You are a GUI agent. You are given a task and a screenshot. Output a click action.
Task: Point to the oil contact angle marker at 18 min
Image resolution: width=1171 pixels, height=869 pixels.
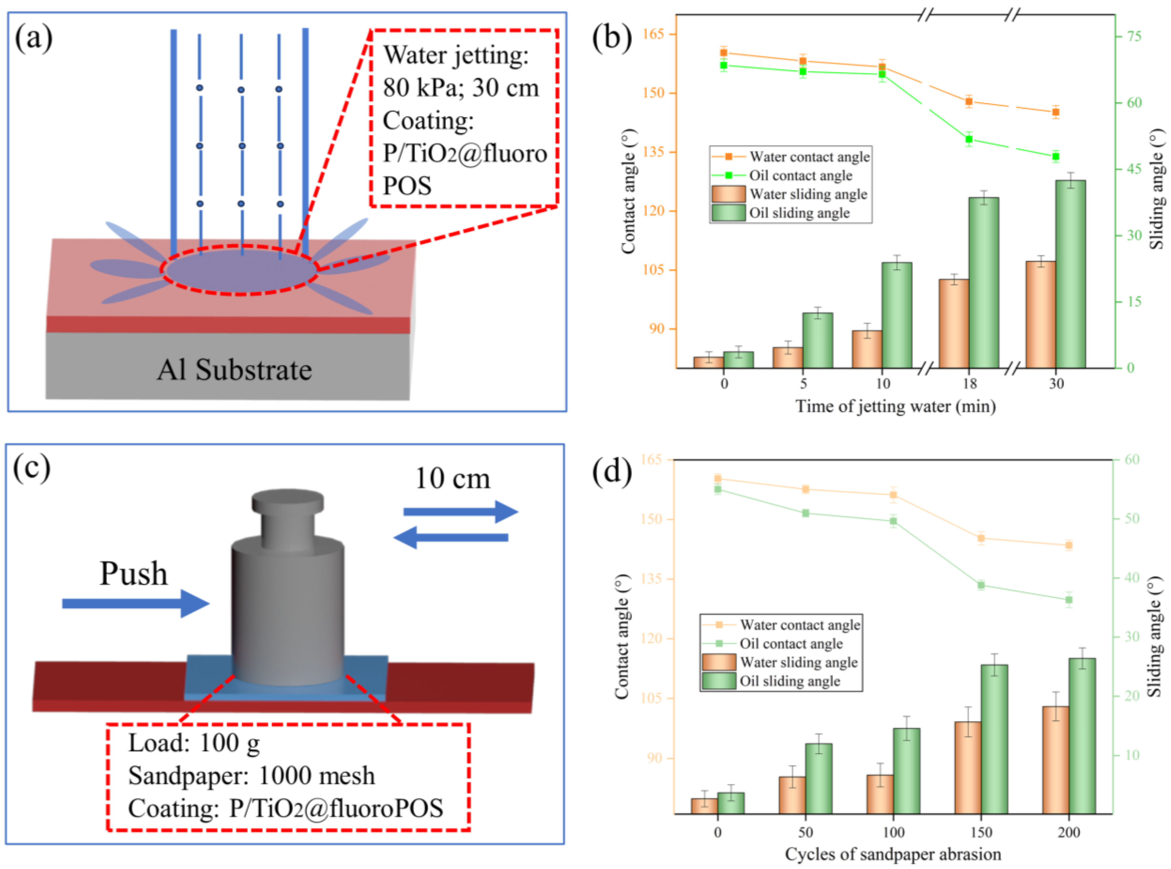tap(969, 140)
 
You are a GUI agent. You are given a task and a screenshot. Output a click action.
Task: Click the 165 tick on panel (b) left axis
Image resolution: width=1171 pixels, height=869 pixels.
tap(654, 34)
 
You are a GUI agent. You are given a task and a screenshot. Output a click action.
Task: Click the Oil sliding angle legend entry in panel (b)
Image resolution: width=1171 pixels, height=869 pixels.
tap(799, 213)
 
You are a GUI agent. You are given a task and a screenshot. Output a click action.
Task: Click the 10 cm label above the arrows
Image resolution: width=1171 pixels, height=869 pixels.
tap(453, 479)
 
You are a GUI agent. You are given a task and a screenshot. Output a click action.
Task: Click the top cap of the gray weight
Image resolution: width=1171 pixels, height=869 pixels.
tap(288, 501)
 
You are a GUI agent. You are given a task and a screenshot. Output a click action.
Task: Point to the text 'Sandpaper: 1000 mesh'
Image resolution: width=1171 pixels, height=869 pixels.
tap(251, 775)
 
